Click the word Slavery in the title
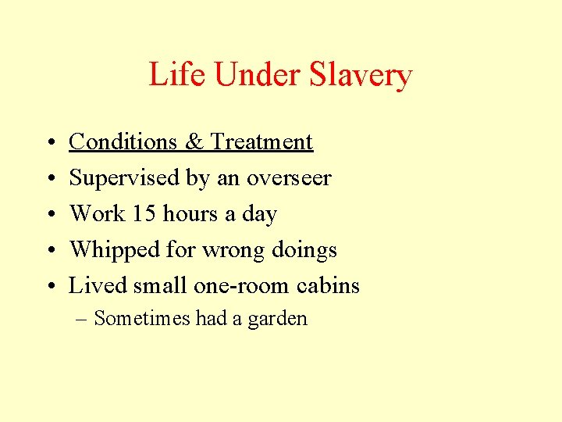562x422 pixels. coord(361,75)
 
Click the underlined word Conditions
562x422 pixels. coord(123,141)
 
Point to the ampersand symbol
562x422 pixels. coord(194,141)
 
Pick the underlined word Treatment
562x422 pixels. coord(262,141)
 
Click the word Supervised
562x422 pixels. coord(125,177)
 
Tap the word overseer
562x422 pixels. coord(289,178)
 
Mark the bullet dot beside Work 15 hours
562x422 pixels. coord(49,214)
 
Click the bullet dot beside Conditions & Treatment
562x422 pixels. coord(49,142)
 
